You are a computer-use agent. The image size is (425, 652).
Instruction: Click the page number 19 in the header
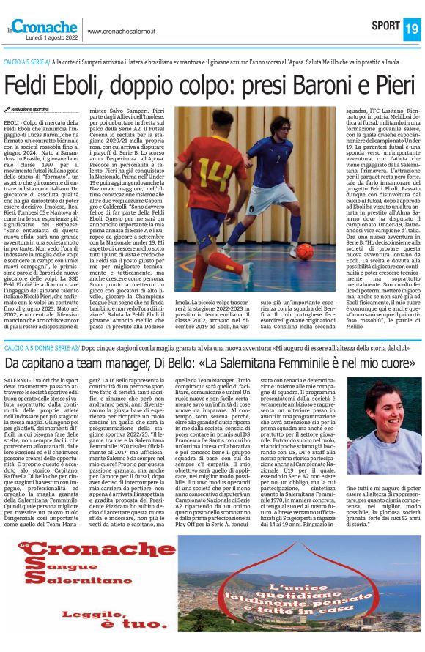pos(411,28)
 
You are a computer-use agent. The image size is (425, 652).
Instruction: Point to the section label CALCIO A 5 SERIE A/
pos(27,62)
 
